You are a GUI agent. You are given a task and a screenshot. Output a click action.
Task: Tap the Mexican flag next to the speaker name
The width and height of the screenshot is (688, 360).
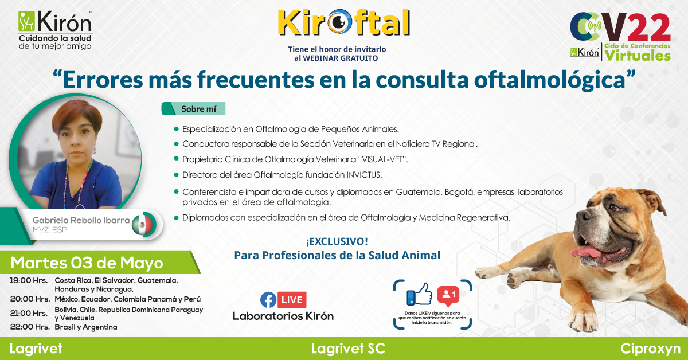point(142,225)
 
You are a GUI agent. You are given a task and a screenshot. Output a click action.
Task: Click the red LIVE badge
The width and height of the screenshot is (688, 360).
point(292,299)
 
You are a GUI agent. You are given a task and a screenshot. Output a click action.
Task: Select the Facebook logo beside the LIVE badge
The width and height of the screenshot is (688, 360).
point(268,299)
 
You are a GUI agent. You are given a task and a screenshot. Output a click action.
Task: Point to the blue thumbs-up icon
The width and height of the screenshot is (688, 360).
point(419,294)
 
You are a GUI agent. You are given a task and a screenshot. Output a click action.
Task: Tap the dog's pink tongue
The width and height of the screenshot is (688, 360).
point(586,251)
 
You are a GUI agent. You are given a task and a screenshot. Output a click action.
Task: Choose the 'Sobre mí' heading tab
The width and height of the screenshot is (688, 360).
point(194,109)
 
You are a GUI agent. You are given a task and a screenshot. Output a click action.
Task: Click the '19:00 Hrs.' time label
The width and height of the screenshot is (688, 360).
point(29,280)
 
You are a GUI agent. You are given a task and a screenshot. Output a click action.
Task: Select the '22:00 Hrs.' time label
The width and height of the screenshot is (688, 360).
point(30,327)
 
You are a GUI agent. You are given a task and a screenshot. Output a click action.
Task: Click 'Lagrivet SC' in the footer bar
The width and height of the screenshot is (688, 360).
point(348,349)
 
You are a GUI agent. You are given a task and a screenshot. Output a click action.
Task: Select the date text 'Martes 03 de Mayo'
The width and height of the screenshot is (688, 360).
point(87,263)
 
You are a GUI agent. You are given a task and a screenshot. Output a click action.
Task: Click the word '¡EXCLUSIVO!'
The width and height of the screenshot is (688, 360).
point(337,241)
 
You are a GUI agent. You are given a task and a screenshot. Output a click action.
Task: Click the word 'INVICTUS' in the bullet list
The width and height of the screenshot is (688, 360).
point(363,175)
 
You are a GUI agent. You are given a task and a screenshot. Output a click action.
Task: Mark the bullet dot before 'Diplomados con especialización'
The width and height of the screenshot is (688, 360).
point(176,218)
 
